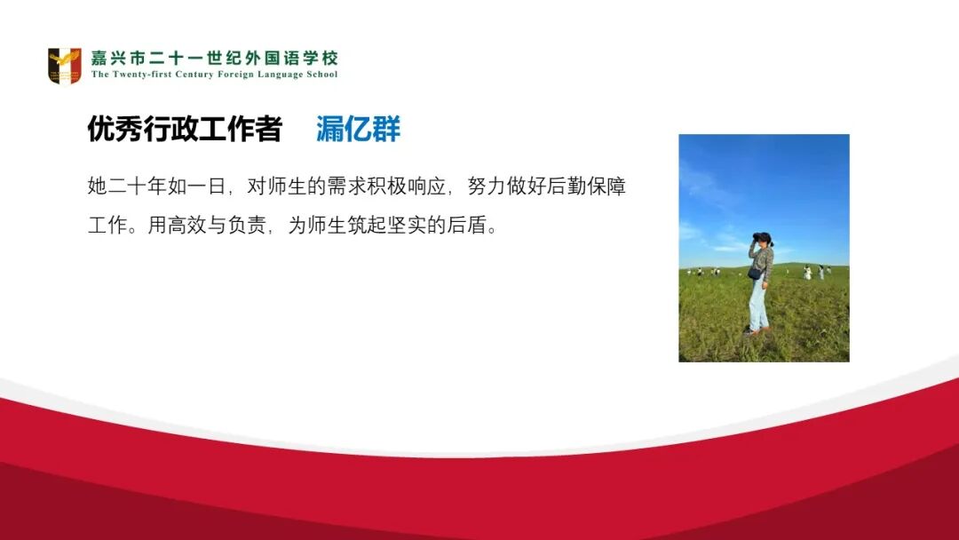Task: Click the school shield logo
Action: click(x=64, y=66)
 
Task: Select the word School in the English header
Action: click(x=321, y=75)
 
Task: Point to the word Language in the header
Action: click(x=280, y=75)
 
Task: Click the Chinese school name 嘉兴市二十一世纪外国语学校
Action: click(x=214, y=59)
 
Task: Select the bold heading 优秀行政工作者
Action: click(x=184, y=130)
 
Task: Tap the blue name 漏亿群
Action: click(x=358, y=130)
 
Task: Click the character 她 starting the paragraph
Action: click(x=97, y=187)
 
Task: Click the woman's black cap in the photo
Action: click(x=761, y=237)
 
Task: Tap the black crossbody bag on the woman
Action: click(x=754, y=274)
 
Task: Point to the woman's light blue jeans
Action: click(x=757, y=305)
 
